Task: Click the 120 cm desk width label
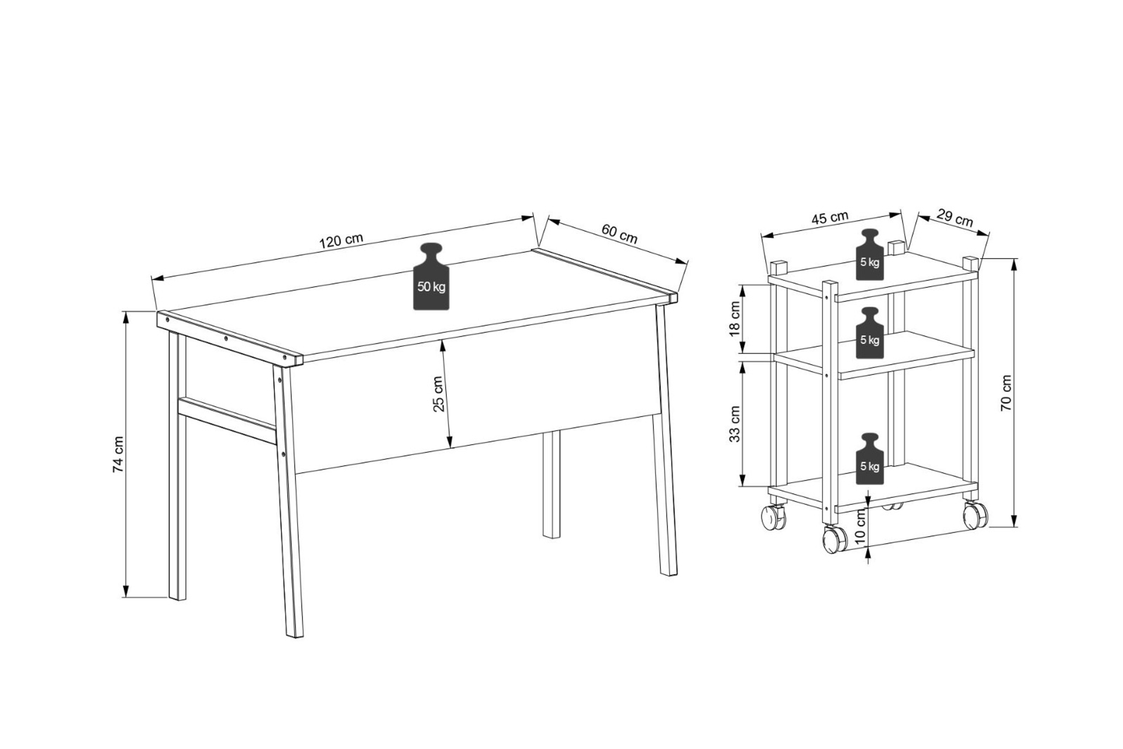click(341, 240)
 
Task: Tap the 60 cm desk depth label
click(619, 233)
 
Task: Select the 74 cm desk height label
click(118, 454)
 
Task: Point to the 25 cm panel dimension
click(438, 394)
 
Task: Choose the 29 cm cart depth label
click(955, 217)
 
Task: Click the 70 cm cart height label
click(1006, 393)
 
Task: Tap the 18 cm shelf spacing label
click(735, 319)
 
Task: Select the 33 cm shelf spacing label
click(735, 423)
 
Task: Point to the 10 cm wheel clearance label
click(860, 527)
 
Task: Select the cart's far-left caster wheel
click(773, 516)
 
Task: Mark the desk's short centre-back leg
click(551, 484)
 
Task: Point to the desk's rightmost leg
click(666, 439)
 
